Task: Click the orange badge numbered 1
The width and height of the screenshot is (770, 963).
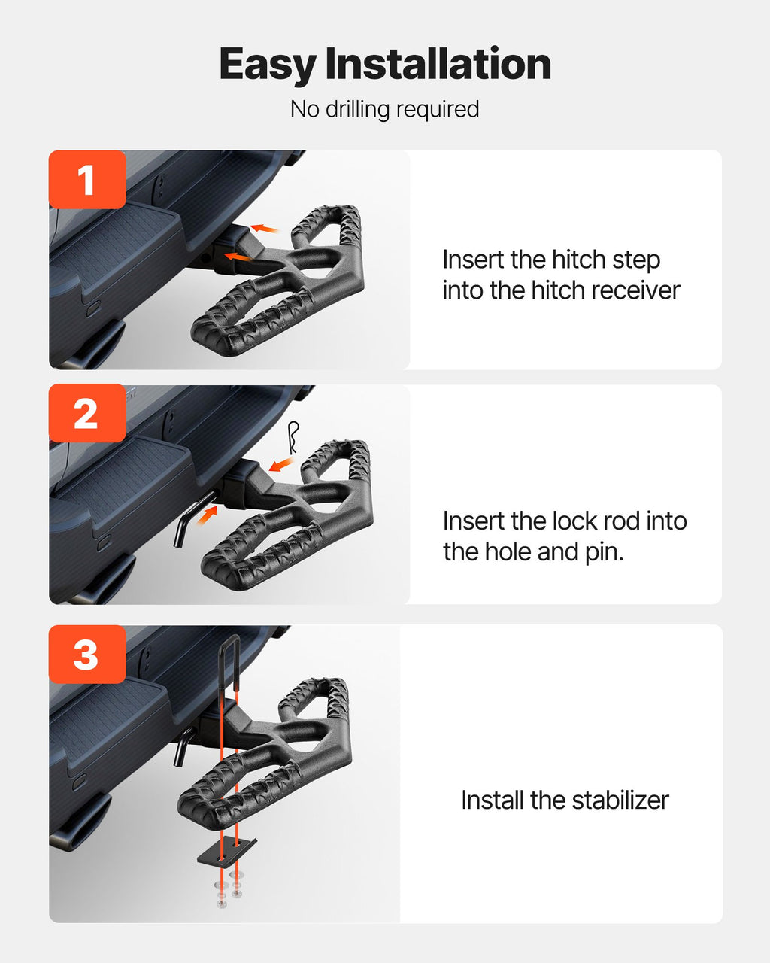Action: point(87,180)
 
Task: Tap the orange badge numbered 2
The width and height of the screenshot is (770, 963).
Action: point(87,413)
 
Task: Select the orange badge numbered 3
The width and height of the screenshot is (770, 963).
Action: point(87,655)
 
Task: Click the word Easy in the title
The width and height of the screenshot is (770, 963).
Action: point(268,65)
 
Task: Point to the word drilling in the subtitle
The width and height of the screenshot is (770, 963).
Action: point(357,109)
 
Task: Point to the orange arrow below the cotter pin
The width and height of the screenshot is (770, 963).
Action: point(281,463)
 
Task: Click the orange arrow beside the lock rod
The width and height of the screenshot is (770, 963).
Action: point(207,515)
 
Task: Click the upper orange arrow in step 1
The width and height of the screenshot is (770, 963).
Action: point(265,229)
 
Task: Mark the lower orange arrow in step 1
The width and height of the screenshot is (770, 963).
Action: point(238,257)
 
